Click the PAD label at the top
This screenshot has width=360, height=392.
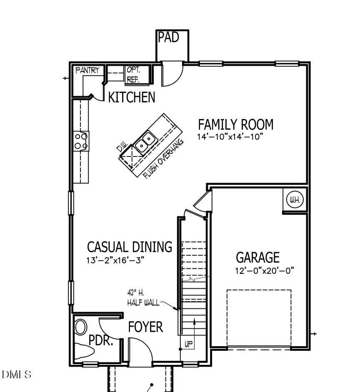(x=169, y=37)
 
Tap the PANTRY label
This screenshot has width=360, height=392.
(x=87, y=71)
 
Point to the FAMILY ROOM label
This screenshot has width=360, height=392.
(x=235, y=124)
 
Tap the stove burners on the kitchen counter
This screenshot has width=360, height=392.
(x=81, y=140)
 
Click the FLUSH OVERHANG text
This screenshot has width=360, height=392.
(x=164, y=157)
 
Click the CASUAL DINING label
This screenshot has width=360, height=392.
(x=129, y=247)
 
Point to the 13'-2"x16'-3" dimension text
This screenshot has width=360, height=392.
(x=118, y=261)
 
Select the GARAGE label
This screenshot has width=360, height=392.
(x=257, y=258)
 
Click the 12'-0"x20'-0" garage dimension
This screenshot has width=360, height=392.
(x=264, y=271)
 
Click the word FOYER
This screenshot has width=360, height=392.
(x=145, y=327)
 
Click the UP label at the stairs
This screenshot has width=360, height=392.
(x=188, y=344)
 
